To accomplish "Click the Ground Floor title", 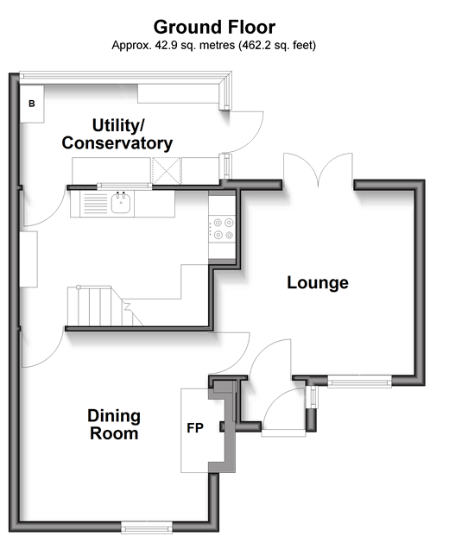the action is coord(214,28).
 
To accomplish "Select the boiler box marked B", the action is coord(32,104).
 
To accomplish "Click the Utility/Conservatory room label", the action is coord(117,135).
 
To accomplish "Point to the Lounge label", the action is coord(318,282).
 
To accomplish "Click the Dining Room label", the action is coord(114,425).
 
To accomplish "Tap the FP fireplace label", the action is coord(195,428).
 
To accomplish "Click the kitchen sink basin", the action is coord(121,203).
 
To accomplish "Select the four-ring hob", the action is coord(222,229).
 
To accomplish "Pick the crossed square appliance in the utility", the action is coord(167,171).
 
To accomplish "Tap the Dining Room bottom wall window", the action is coord(147,527).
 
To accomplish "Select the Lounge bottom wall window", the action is coord(360,382).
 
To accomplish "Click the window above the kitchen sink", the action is coord(124,186).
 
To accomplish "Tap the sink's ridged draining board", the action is coord(95,204).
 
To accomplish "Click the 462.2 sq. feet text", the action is coord(277,45).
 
